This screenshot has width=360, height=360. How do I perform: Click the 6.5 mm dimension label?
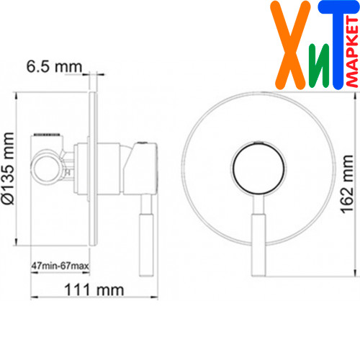click(54, 66)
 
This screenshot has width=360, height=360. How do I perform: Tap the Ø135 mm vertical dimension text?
click(8, 168)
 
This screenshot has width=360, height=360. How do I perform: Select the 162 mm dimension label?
click(347, 184)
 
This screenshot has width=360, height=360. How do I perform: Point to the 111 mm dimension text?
click(94, 290)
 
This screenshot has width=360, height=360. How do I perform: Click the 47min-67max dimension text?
click(60, 266)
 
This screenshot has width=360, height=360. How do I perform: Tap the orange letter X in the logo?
click(290, 45)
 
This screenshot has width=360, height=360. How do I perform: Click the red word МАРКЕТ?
click(352, 52)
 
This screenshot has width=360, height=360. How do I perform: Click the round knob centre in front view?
click(259, 168)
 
